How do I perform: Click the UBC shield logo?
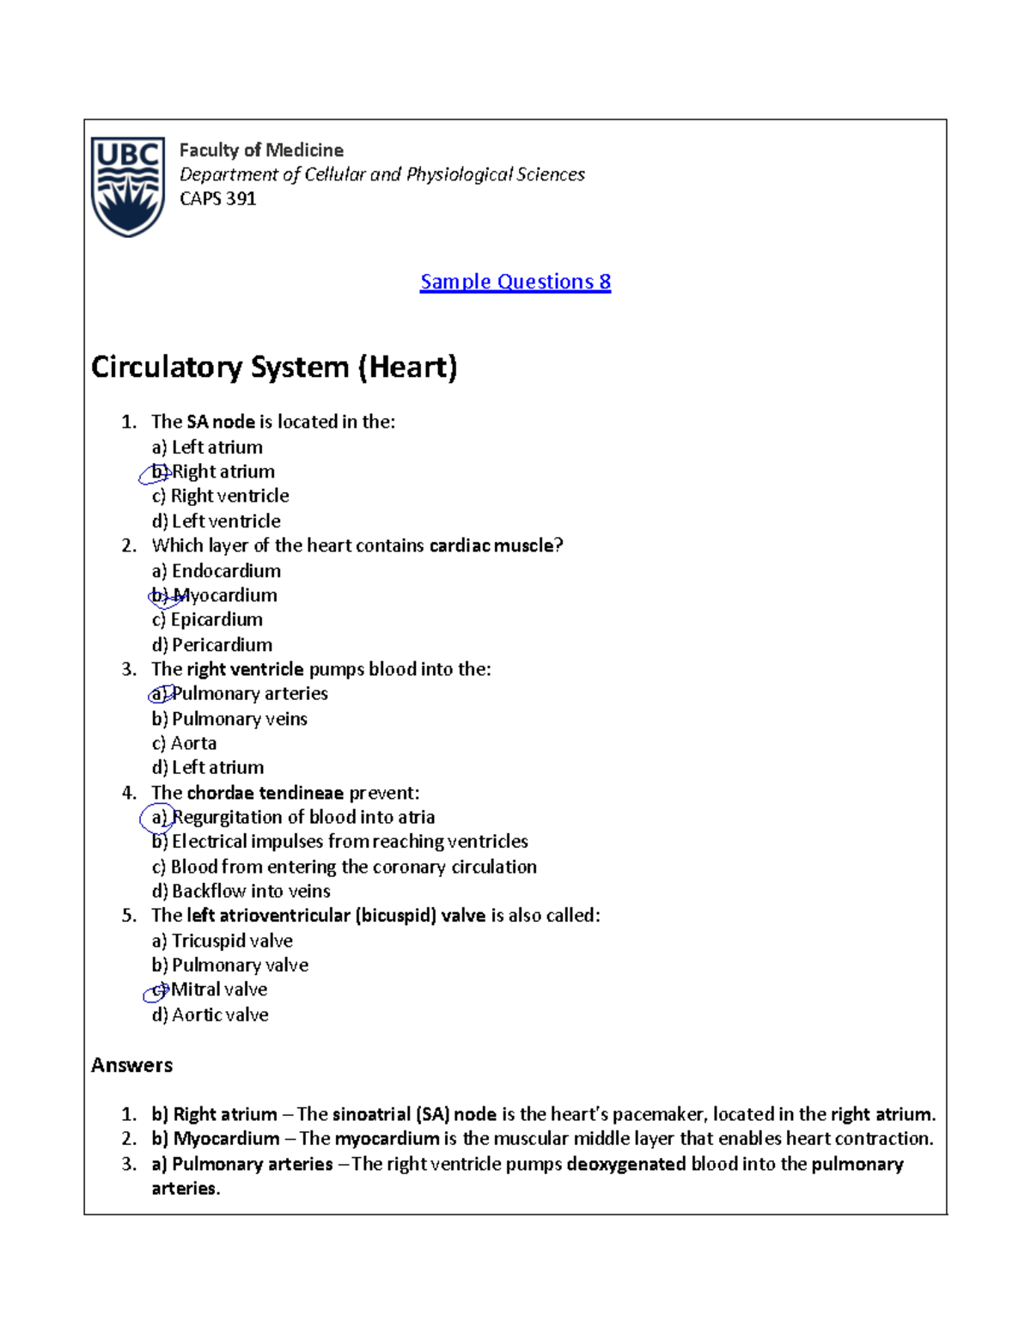click(129, 186)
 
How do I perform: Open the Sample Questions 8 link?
click(515, 282)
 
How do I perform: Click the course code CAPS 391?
click(217, 198)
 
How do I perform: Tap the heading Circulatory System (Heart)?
click(274, 367)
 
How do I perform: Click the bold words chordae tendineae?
click(265, 793)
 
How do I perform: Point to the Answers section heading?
click(131, 1065)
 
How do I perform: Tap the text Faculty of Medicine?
click(261, 150)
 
